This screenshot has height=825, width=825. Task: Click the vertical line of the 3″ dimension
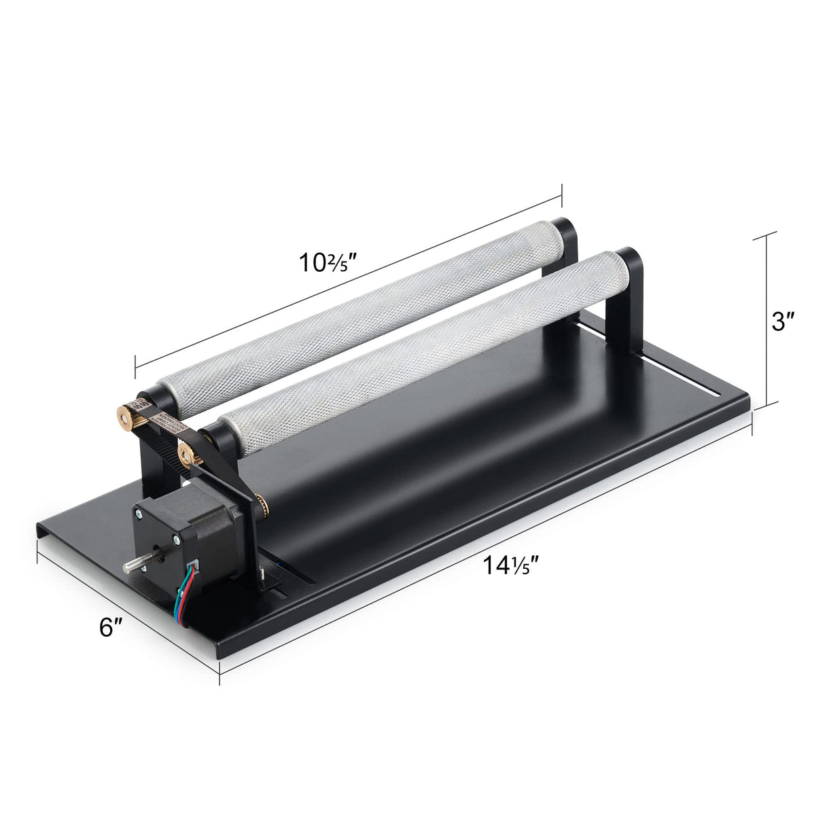(767, 319)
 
